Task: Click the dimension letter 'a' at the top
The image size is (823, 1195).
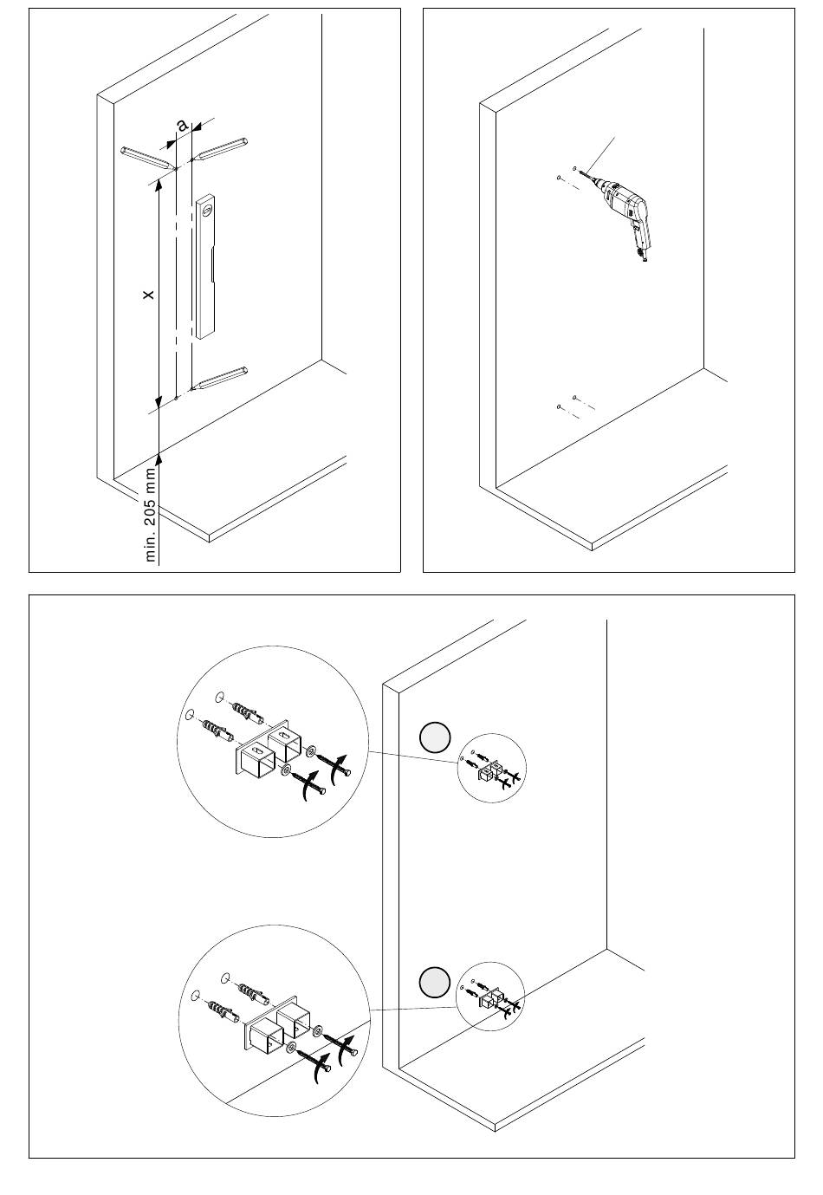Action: click(182, 125)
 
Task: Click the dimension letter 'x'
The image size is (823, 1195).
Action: click(149, 295)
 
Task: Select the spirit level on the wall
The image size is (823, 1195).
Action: click(205, 265)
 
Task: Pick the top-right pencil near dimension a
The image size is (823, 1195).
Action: click(220, 148)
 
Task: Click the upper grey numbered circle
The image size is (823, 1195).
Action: click(435, 737)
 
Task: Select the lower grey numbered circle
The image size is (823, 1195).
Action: click(435, 983)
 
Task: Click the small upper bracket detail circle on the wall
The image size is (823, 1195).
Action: click(491, 768)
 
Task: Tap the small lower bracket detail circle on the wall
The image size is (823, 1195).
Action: click(490, 997)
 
